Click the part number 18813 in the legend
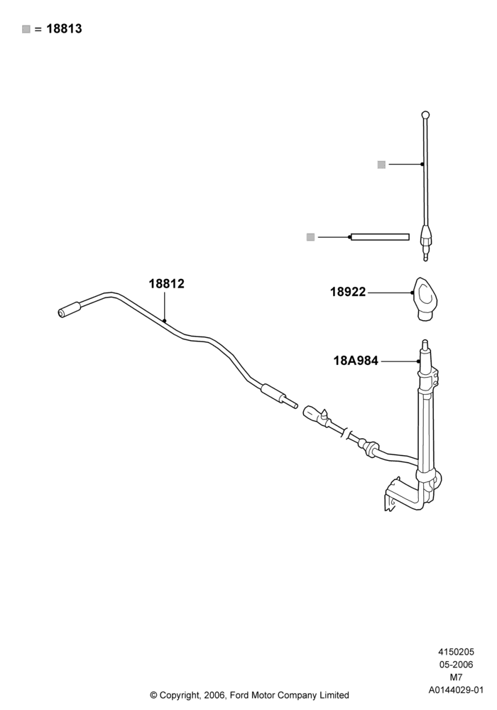click(x=65, y=29)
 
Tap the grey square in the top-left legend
click(x=26, y=29)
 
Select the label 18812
click(x=167, y=284)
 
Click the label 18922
click(x=348, y=292)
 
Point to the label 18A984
click(x=356, y=361)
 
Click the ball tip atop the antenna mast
click(x=425, y=115)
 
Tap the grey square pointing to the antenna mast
click(x=381, y=165)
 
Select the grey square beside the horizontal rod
click(x=310, y=237)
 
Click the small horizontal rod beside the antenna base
click(x=381, y=237)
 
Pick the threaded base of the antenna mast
click(x=425, y=244)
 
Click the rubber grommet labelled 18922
click(x=426, y=299)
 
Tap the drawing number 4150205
click(x=456, y=652)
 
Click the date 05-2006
click(x=456, y=665)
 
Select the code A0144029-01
click(x=456, y=691)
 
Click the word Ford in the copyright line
click(x=241, y=695)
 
